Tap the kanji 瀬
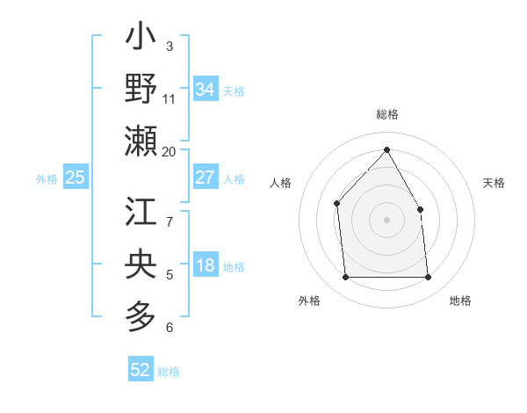pos(141,141)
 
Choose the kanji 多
pos(141,315)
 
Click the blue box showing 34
pos(206,89)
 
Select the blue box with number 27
pos(206,178)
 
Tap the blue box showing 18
pos(206,266)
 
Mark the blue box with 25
pos(76,178)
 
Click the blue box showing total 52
pos(141,370)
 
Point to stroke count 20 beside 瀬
pos(170,151)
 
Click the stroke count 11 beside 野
pos(170,98)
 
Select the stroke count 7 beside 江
pos(170,212)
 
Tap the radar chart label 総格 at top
pos(386,114)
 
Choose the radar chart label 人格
pos(281,183)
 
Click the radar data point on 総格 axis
pos(386,149)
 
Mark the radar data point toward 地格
pos(428,278)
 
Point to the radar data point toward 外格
pos(345,278)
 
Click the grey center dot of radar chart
pos(386,220)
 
